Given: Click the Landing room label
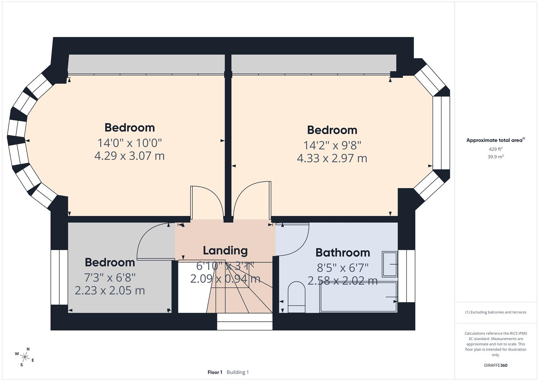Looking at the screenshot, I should pyautogui.click(x=225, y=250).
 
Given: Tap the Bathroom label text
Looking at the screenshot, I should pyautogui.click(x=342, y=253).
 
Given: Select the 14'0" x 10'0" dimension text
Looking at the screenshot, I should pyautogui.click(x=130, y=143).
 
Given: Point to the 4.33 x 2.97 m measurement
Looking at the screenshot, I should pyautogui.click(x=332, y=158).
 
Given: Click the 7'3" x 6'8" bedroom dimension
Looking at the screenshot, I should pyautogui.click(x=110, y=278).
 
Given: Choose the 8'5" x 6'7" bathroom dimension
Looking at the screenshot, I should pyautogui.click(x=342, y=268).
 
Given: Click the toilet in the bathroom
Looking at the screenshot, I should pyautogui.click(x=297, y=297).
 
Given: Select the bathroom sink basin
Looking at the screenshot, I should pyautogui.click(x=389, y=264).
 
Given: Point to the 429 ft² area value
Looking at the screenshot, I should pyautogui.click(x=496, y=149).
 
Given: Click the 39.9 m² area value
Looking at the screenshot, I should pyautogui.click(x=496, y=157).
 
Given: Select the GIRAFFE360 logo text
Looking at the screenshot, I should pyautogui.click(x=496, y=365).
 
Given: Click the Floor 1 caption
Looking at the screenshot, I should pyautogui.click(x=215, y=372).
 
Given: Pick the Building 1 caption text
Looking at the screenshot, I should pyautogui.click(x=238, y=372).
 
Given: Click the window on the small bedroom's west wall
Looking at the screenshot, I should pyautogui.click(x=59, y=277).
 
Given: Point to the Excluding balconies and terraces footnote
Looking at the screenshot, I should pyautogui.click(x=496, y=312).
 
